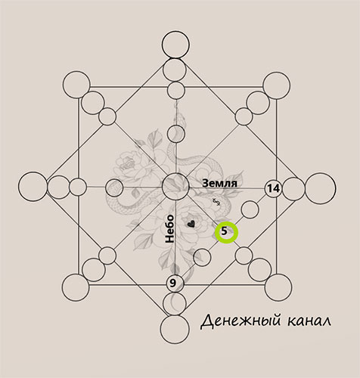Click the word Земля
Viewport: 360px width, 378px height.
point(219,183)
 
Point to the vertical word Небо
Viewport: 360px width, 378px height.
point(169,228)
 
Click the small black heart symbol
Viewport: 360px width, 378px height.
point(191,224)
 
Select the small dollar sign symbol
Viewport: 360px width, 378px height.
point(216,202)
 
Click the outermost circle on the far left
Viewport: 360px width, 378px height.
point(18,187)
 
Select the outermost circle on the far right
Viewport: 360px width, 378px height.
point(306,188)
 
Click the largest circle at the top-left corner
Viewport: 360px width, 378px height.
point(63,85)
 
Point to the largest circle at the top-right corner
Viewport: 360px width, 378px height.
point(263,85)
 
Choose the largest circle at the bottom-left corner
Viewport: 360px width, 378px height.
point(62,287)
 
